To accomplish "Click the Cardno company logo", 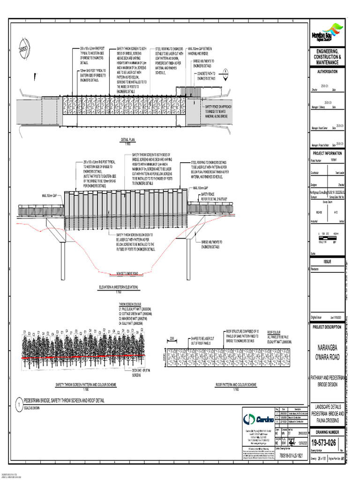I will click(256, 418).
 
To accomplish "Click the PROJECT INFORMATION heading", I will click(327, 153).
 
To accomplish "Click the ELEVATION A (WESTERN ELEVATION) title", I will click(118, 287).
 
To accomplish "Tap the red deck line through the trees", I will click(84, 357).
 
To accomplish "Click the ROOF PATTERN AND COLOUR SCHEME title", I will click(236, 385).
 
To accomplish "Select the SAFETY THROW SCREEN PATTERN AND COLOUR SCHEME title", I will click(86, 385).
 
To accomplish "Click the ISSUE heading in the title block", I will click(327, 262).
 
